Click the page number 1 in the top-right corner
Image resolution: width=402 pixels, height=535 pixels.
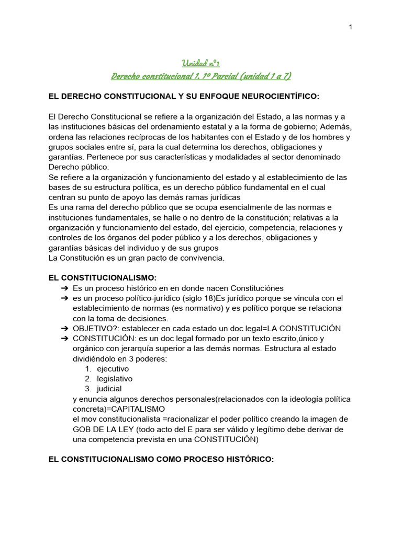pos(350,27)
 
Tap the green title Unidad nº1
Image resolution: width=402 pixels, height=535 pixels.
pos(201,64)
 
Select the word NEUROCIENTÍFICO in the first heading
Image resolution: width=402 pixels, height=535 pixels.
pos(275,97)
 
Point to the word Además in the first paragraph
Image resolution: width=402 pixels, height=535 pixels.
pos(337,127)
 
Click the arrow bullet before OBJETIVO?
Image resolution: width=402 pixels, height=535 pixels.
pos(64,329)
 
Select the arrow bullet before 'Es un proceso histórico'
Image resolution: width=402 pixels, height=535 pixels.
pos(64,288)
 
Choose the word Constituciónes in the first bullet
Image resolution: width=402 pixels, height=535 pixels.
pos(252,288)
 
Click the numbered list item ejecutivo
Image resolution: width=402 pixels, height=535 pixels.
pos(113,369)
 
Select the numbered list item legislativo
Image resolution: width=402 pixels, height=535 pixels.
pos(115,379)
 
